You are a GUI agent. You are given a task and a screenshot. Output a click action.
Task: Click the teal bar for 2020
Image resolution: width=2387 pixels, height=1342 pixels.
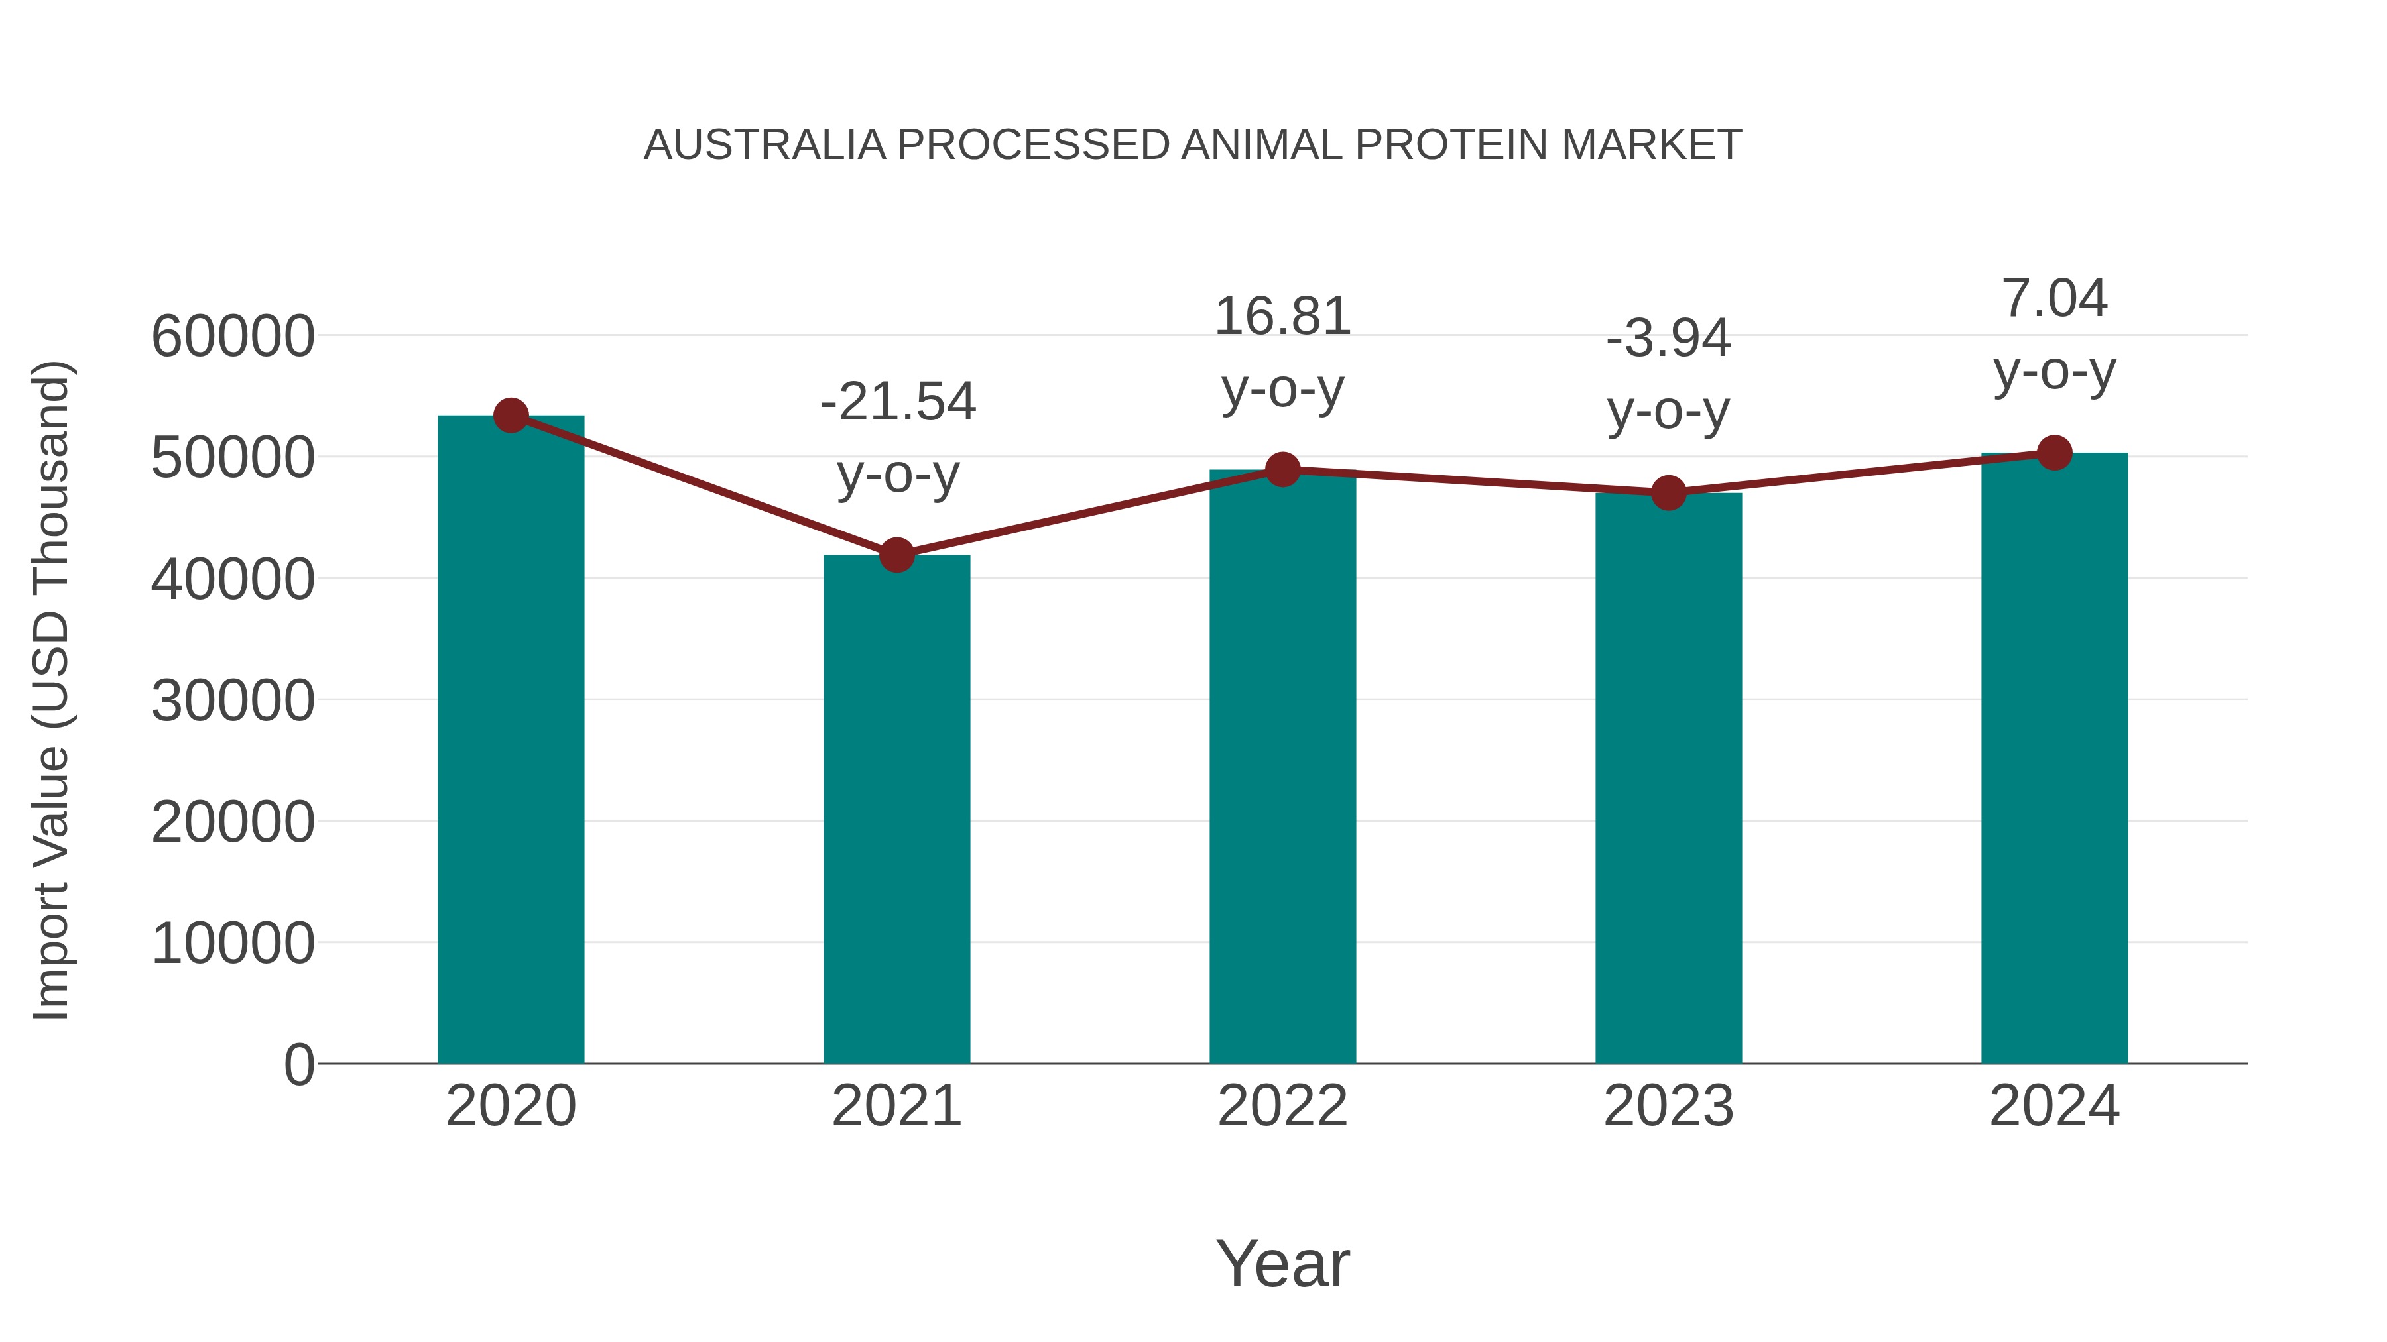[x=511, y=741]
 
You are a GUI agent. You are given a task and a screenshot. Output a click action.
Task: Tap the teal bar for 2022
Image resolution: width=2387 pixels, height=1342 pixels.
[x=1282, y=769]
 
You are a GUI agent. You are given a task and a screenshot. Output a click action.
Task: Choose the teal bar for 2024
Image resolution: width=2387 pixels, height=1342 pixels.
[x=2054, y=759]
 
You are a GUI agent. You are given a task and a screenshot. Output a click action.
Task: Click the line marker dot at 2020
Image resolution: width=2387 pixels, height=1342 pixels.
[x=511, y=416]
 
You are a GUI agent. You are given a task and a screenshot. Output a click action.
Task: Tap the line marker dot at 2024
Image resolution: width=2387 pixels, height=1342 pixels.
[x=2054, y=453]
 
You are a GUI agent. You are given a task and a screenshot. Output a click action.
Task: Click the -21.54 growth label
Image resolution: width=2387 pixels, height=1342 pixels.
[x=898, y=402]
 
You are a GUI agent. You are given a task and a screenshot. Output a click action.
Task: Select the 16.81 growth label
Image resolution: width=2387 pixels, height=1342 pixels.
[x=1282, y=317]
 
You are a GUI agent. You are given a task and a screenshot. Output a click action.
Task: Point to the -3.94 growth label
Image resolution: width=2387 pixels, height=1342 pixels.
[x=1668, y=338]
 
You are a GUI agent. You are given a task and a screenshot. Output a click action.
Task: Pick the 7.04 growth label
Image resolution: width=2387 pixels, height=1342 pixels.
[x=2054, y=298]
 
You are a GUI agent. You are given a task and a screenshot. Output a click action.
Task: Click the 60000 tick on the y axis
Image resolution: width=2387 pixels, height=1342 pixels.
[x=233, y=336]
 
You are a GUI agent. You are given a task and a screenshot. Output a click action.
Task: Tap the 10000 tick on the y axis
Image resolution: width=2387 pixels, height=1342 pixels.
[x=233, y=943]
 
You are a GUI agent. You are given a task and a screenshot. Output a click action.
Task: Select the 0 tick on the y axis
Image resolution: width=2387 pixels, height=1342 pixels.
[x=299, y=1064]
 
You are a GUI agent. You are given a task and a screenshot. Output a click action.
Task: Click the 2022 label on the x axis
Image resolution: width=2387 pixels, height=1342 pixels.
[x=1282, y=1106]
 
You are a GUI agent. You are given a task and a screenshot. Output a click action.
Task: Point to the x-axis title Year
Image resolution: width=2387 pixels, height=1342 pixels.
[x=1282, y=1263]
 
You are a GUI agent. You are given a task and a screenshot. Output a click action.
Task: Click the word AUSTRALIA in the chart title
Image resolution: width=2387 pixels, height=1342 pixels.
[x=765, y=145]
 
